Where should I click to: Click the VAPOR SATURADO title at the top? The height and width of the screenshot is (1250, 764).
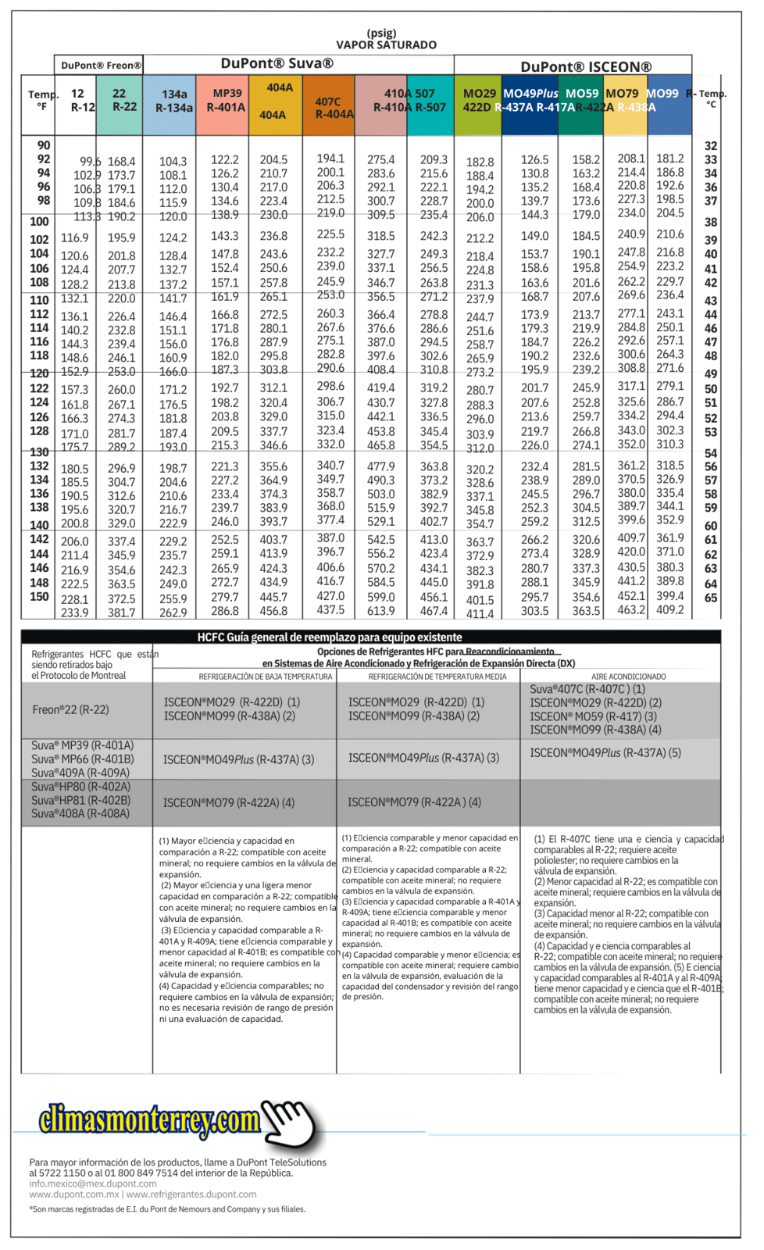pyautogui.click(x=386, y=45)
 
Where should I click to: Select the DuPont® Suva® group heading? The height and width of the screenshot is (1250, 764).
pyautogui.click(x=277, y=64)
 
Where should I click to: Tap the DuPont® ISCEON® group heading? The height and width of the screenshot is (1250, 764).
pyautogui.click(x=586, y=67)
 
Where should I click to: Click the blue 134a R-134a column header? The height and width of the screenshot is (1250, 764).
pyautogui.click(x=173, y=102)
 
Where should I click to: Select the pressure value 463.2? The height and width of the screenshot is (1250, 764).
pyautogui.click(x=631, y=610)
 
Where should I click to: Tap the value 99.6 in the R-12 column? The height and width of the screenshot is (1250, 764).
pyautogui.click(x=90, y=162)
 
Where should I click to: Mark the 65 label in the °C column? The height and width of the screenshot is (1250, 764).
pyautogui.click(x=711, y=598)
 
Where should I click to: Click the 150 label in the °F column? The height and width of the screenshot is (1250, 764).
pyautogui.click(x=39, y=597)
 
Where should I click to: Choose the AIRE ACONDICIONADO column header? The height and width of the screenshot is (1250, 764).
pyautogui.click(x=628, y=677)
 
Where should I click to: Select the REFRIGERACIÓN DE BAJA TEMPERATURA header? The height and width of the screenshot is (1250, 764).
pyautogui.click(x=265, y=677)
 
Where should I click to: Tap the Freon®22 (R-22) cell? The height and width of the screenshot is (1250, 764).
pyautogui.click(x=70, y=710)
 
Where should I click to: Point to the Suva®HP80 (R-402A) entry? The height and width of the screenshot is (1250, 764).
pyautogui.click(x=80, y=787)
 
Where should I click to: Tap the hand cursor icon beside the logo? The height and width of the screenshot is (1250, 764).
pyautogui.click(x=290, y=1123)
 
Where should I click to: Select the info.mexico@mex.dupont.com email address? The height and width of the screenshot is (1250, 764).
pyautogui.click(x=93, y=1184)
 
